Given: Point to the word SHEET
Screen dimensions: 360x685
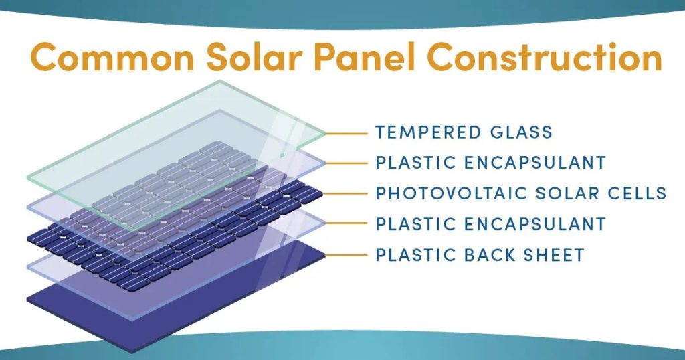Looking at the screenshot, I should coord(555,255).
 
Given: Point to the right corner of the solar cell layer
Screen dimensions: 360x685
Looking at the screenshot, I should coord(324,194).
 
